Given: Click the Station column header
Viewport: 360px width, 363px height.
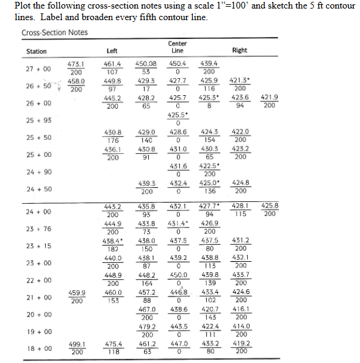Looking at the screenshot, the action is (x=36, y=51).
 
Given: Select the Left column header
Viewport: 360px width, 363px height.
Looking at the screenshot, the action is (x=112, y=51).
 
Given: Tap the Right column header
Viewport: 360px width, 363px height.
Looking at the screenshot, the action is (x=240, y=51).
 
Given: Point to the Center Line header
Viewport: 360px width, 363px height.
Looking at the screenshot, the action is (x=177, y=47).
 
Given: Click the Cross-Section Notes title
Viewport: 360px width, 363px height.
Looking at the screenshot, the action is (x=54, y=32).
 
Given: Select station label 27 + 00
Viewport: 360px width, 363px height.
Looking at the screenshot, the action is (x=38, y=69).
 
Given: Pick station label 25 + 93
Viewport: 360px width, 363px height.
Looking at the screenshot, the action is (x=38, y=120).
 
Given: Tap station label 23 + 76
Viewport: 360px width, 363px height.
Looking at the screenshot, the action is (x=38, y=229).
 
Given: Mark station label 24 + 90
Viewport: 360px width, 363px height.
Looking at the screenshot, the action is (x=38, y=172).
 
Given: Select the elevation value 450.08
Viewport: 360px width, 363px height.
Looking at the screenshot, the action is (x=146, y=63).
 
